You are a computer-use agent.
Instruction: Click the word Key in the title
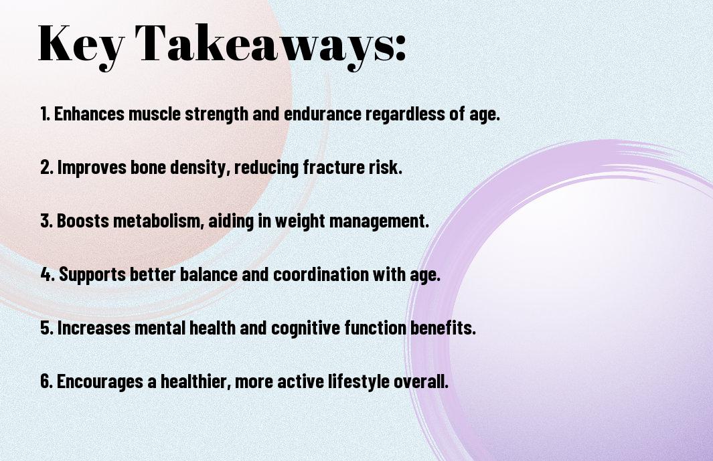tap(81, 44)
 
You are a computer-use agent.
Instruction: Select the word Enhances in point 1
tap(90, 114)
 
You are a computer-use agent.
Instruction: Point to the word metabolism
tap(157, 221)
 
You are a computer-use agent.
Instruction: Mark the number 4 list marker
tap(48, 274)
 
